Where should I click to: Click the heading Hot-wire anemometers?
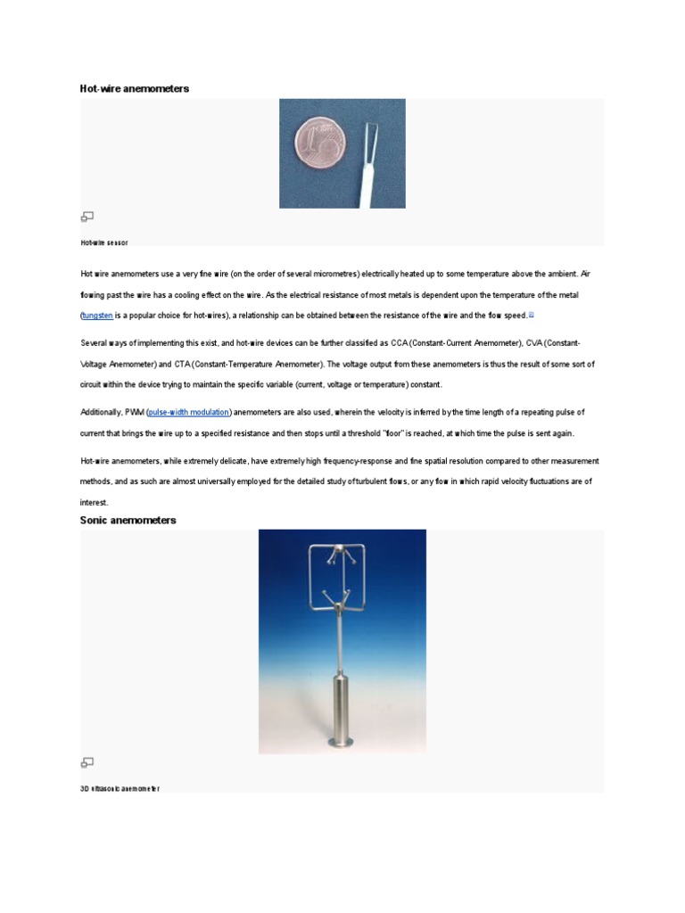coord(135,89)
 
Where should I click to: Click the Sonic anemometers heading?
coord(128,520)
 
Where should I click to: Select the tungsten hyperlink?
coord(97,316)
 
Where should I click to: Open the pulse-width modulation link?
coord(189,412)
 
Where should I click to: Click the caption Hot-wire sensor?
coord(104,243)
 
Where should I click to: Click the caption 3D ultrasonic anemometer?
coord(120,789)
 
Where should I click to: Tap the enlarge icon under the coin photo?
coord(87,216)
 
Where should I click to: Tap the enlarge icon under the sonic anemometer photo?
coord(87,762)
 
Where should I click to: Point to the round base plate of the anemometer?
coord(342,742)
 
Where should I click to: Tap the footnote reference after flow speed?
coord(532,314)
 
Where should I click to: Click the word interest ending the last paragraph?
coord(94,503)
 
